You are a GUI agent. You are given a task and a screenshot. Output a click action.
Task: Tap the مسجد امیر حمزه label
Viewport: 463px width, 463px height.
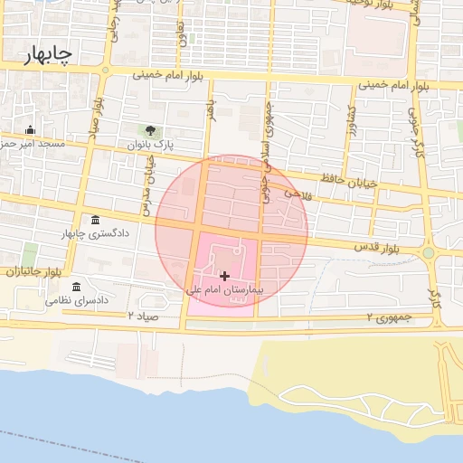[32, 144]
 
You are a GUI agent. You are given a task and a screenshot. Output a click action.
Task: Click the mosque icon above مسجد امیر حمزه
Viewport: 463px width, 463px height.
[31, 129]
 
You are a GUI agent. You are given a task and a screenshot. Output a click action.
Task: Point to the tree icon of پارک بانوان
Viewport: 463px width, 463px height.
[150, 131]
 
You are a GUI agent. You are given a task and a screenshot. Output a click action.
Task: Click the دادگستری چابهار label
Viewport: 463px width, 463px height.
[94, 234]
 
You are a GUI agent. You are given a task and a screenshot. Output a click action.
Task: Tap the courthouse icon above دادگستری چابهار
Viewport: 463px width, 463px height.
[96, 221]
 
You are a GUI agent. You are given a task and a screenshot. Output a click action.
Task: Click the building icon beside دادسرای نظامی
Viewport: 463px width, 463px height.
[77, 286]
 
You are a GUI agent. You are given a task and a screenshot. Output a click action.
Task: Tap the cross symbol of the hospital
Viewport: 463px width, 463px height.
[223, 275]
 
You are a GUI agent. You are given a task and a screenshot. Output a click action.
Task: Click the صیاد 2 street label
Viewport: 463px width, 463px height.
[143, 317]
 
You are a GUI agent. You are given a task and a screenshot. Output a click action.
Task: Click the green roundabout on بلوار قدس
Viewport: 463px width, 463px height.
[428, 253]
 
